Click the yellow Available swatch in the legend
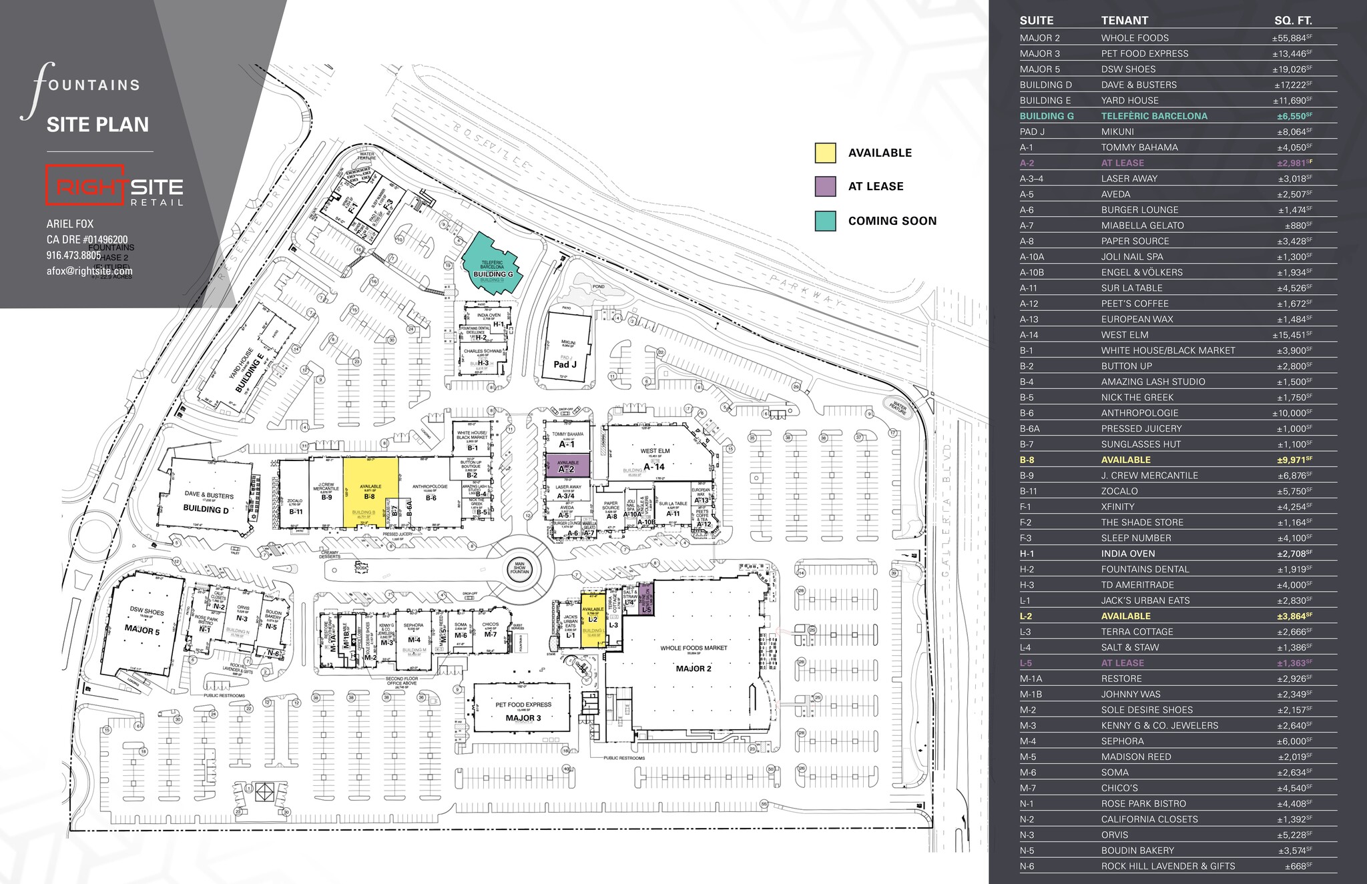(825, 153)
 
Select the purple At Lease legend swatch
(825, 187)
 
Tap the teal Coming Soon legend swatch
(825, 221)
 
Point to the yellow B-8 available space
(370, 491)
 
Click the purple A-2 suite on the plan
(567, 466)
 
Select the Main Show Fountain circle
(519, 568)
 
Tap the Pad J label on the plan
(565, 364)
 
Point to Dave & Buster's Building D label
(206, 502)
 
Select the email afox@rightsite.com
(89, 272)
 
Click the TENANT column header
(1124, 21)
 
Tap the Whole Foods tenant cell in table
(1135, 38)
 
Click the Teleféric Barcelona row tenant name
(1154, 116)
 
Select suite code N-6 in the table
(1027, 866)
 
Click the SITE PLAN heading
(97, 125)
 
